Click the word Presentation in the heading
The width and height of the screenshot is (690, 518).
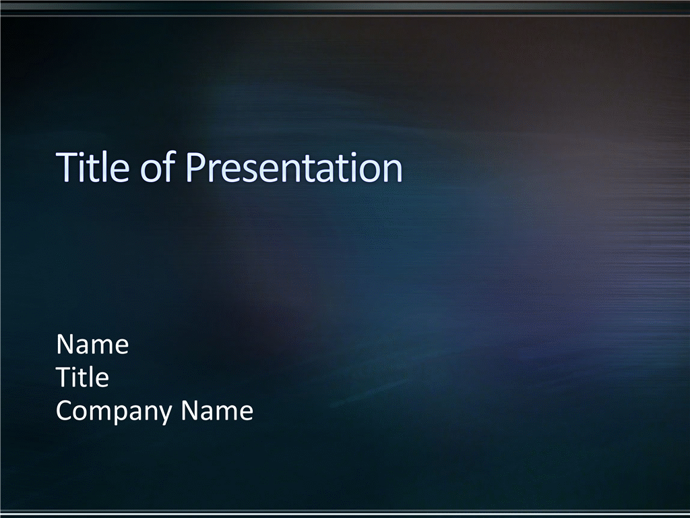pyautogui.click(x=294, y=167)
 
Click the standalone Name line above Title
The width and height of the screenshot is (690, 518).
pyautogui.click(x=92, y=344)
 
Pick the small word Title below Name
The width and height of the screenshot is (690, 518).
pyautogui.click(x=82, y=377)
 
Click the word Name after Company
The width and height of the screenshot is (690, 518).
pyautogui.click(x=217, y=411)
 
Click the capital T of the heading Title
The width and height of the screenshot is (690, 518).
pyautogui.click(x=67, y=167)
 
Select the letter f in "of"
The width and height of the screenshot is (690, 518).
pyautogui.click(x=170, y=166)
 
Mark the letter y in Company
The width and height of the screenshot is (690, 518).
pyautogui.click(x=164, y=415)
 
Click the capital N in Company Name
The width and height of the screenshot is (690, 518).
pyautogui.click(x=190, y=411)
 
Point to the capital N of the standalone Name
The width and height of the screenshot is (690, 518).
pyautogui.click(x=65, y=344)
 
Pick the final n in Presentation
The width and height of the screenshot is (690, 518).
pyautogui.click(x=394, y=171)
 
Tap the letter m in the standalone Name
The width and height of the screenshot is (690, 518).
pyautogui.click(x=104, y=347)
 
